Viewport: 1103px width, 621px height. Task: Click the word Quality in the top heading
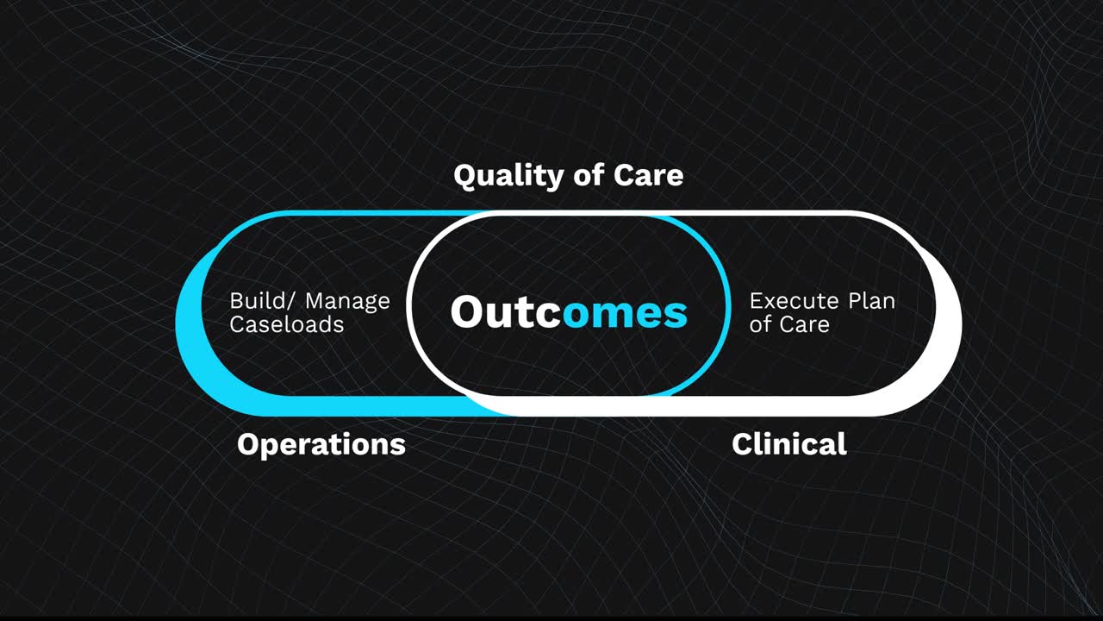point(507,176)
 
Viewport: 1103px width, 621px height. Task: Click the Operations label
point(321,444)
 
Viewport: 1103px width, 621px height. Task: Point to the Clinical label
point(788,444)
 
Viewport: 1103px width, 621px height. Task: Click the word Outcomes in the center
point(569,311)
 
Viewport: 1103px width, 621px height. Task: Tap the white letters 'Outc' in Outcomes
point(505,311)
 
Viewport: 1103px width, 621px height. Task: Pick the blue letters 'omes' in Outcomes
point(625,313)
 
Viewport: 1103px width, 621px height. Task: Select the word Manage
point(347,302)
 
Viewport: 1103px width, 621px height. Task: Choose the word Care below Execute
point(805,325)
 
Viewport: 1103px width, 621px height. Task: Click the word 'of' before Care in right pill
point(760,325)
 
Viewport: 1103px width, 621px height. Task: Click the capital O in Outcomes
point(469,311)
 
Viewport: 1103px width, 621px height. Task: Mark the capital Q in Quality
point(466,176)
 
